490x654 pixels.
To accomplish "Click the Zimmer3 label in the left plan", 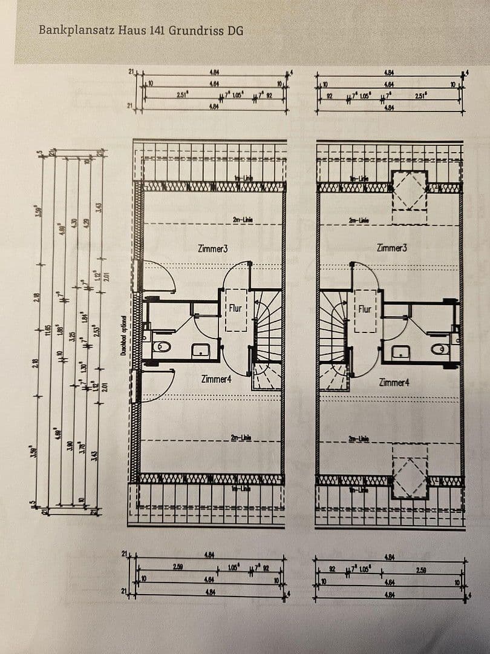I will pyautogui.click(x=212, y=248).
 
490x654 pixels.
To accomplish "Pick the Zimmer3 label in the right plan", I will pyautogui.click(x=391, y=248).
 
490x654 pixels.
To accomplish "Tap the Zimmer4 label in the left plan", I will pyautogui.click(x=217, y=379).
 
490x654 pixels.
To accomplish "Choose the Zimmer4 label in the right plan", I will pyautogui.click(x=394, y=382).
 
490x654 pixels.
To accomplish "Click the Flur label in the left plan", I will pyautogui.click(x=235, y=308).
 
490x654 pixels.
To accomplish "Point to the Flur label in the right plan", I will pyautogui.click(x=365, y=309).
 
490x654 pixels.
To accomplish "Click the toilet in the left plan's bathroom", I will pyautogui.click(x=162, y=347).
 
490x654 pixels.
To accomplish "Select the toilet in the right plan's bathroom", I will pyautogui.click(x=440, y=349).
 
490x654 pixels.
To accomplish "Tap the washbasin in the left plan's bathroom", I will pyautogui.click(x=200, y=349).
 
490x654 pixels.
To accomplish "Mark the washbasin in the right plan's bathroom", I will pyautogui.click(x=399, y=351).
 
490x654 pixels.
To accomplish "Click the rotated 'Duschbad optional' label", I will pyautogui.click(x=123, y=335).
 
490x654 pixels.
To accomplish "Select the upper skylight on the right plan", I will pyautogui.click(x=410, y=191).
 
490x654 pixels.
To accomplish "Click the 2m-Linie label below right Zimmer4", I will pyautogui.click(x=359, y=438).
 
